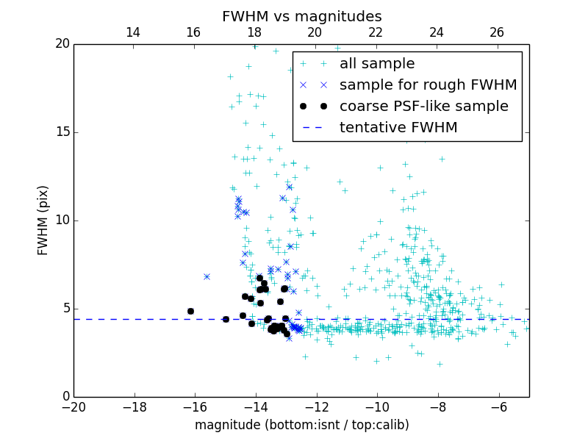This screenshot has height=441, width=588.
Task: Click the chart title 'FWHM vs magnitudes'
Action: coord(301,16)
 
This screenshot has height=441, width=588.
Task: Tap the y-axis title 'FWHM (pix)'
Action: coord(43,220)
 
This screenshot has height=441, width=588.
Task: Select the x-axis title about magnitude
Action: coord(301,425)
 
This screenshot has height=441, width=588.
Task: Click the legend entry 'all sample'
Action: coord(376,64)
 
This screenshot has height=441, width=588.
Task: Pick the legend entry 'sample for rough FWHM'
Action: coord(428,85)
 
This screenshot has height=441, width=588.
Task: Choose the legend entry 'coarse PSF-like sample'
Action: coord(423,107)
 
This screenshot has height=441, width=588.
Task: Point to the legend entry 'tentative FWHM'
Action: coord(398,128)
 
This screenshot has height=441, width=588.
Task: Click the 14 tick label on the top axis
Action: coord(133,32)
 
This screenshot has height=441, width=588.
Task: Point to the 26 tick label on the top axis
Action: coord(497,32)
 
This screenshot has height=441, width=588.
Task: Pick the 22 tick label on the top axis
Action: coord(376,32)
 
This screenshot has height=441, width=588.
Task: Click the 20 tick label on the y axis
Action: coord(62,44)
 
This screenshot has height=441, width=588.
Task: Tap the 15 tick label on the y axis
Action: coord(62,132)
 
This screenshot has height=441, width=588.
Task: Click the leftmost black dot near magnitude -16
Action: coord(190,311)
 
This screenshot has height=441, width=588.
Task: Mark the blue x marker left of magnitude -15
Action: coord(207,276)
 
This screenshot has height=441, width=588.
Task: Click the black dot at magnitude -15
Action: coord(226,319)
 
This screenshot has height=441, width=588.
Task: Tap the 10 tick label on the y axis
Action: coord(62,220)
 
